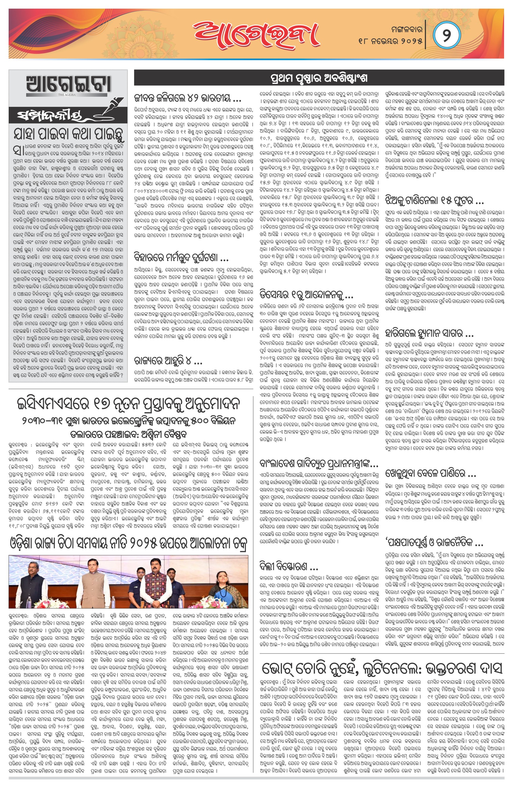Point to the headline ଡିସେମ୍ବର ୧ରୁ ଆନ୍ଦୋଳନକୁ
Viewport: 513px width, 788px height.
(306, 294)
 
